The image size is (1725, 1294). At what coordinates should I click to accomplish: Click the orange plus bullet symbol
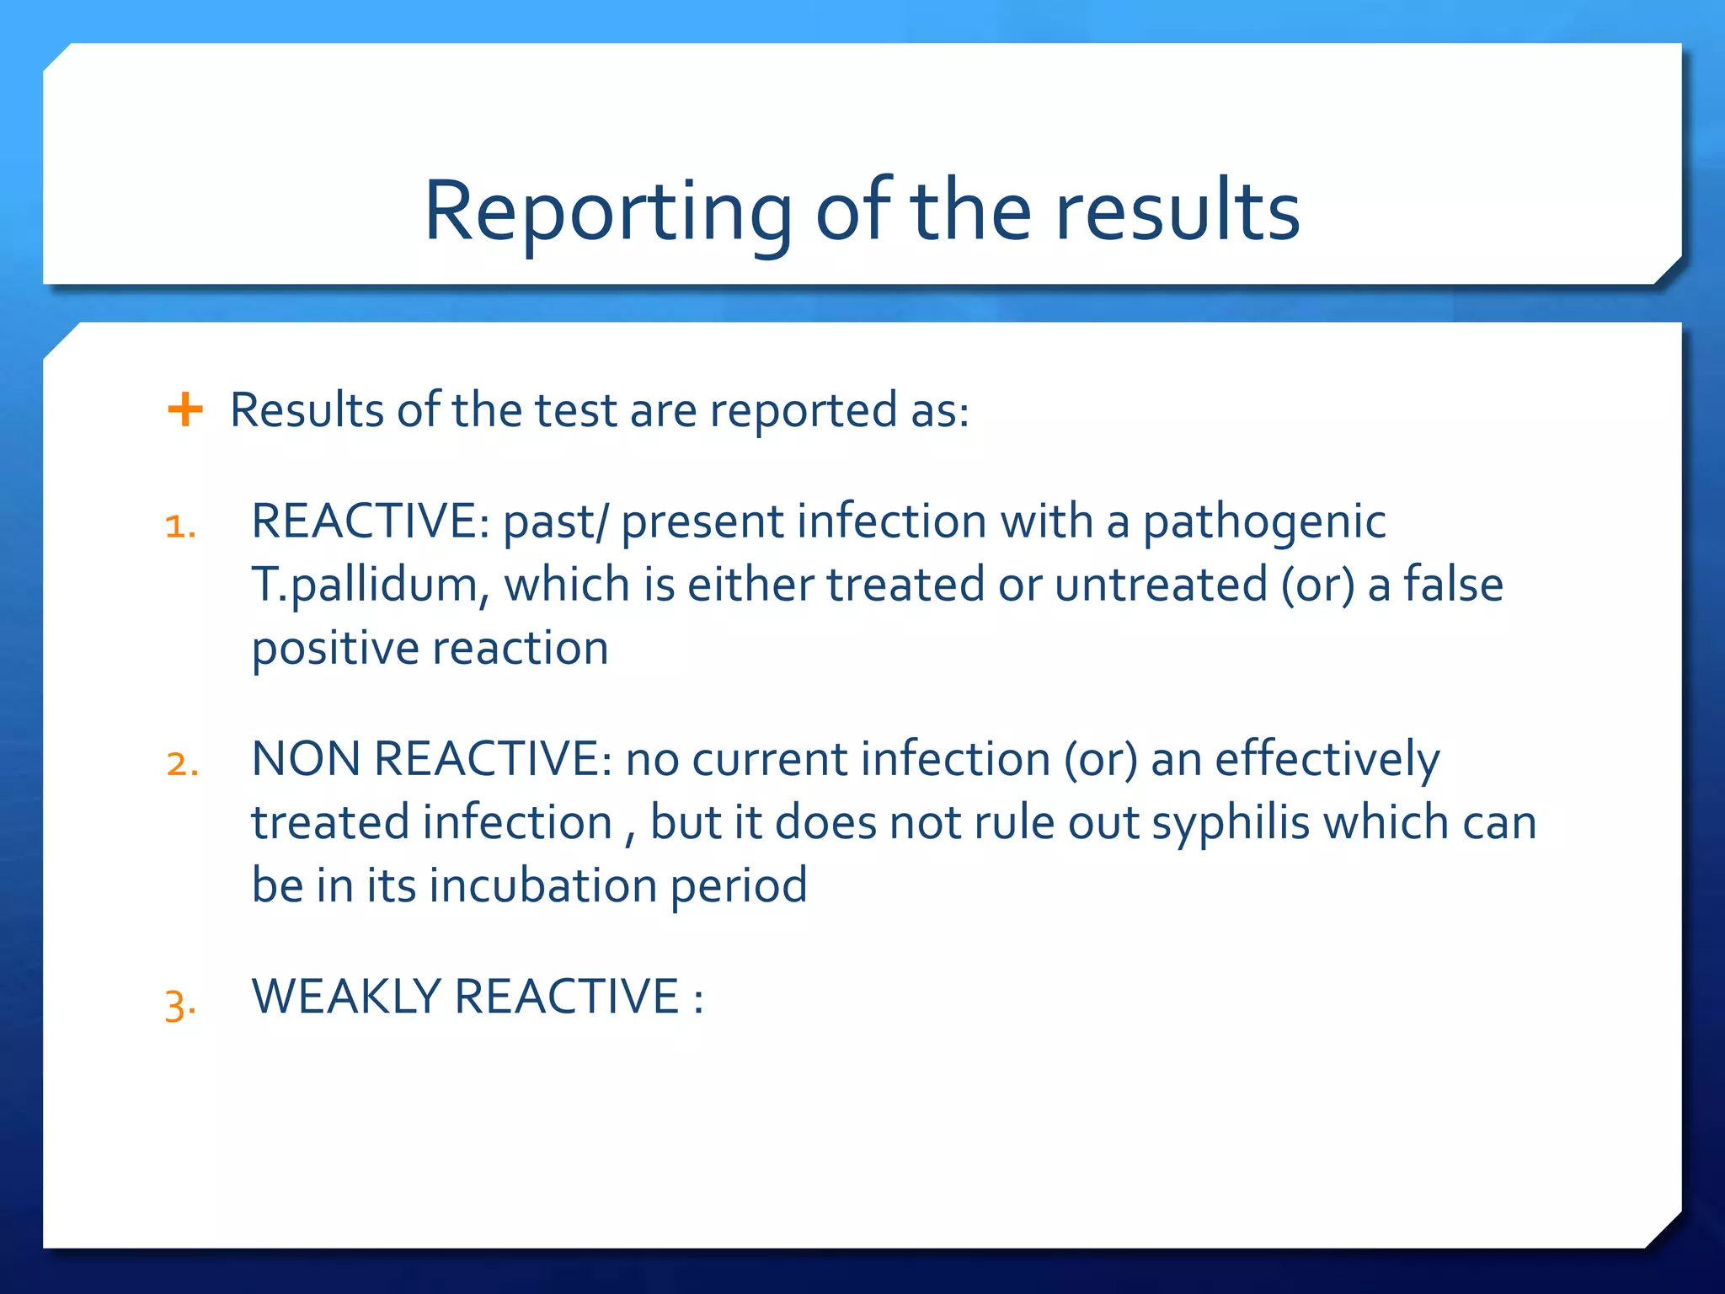(x=185, y=410)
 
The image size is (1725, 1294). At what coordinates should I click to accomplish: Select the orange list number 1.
(x=180, y=527)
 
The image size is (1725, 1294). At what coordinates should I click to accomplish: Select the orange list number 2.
(x=182, y=764)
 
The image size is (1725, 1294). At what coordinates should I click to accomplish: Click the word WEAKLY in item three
(x=345, y=997)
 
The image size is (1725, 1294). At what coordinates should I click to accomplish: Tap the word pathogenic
(x=1263, y=522)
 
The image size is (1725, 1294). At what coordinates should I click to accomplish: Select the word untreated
(x=1161, y=585)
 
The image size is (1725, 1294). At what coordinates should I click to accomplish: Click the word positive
(x=335, y=650)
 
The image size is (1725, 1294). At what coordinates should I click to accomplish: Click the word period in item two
(x=739, y=887)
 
